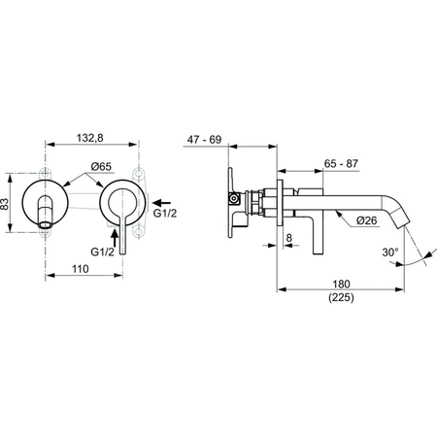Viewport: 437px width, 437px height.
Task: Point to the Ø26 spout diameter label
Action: click(340, 221)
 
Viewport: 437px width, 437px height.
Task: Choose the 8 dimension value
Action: click(289, 236)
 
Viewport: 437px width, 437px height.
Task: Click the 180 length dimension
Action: click(339, 286)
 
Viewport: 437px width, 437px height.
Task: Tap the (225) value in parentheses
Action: click(339, 302)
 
